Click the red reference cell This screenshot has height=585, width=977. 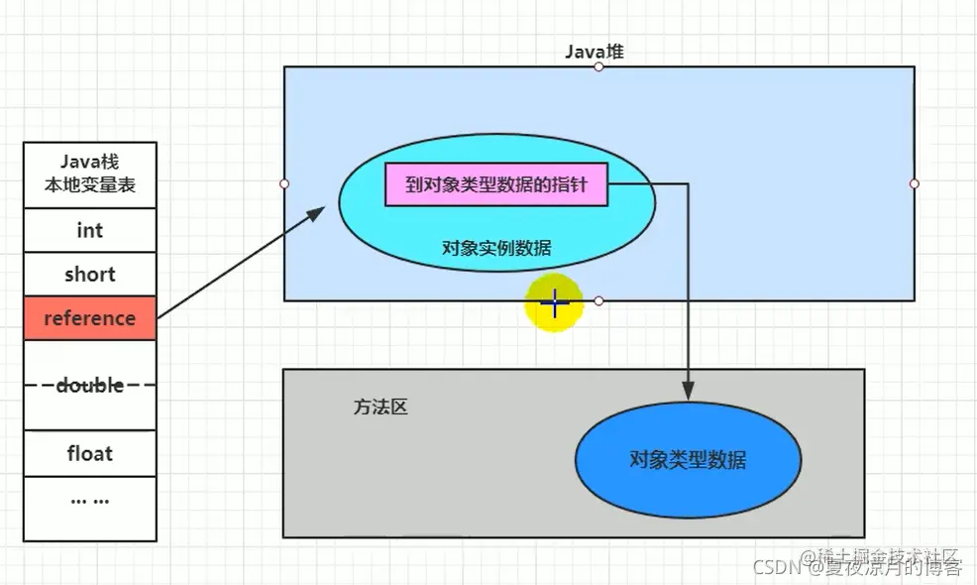pos(89,318)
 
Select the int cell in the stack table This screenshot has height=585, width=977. pos(89,230)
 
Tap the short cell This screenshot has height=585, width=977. pos(89,275)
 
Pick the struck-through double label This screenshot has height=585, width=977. pos(89,385)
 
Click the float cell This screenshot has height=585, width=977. pos(89,454)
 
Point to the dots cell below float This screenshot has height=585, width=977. pos(89,500)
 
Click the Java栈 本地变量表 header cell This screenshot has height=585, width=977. pos(89,174)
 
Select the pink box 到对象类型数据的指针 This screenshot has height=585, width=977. pos(495,184)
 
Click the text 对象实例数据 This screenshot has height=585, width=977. pos(496,248)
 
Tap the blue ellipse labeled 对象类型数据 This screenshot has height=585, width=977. pos(687,459)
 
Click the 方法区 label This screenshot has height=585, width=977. pos(380,407)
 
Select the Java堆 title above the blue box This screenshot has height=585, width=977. pos(595,52)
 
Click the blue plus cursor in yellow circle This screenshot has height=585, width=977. pos(554,303)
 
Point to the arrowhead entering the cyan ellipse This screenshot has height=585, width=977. pos(319,211)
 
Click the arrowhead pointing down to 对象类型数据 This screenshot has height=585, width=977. pos(688,391)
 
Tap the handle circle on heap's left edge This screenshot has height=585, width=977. pos(284,183)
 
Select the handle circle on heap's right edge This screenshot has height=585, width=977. pos(914,183)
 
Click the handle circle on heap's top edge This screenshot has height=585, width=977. pos(598,66)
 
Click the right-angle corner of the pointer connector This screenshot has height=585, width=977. pos(688,184)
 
